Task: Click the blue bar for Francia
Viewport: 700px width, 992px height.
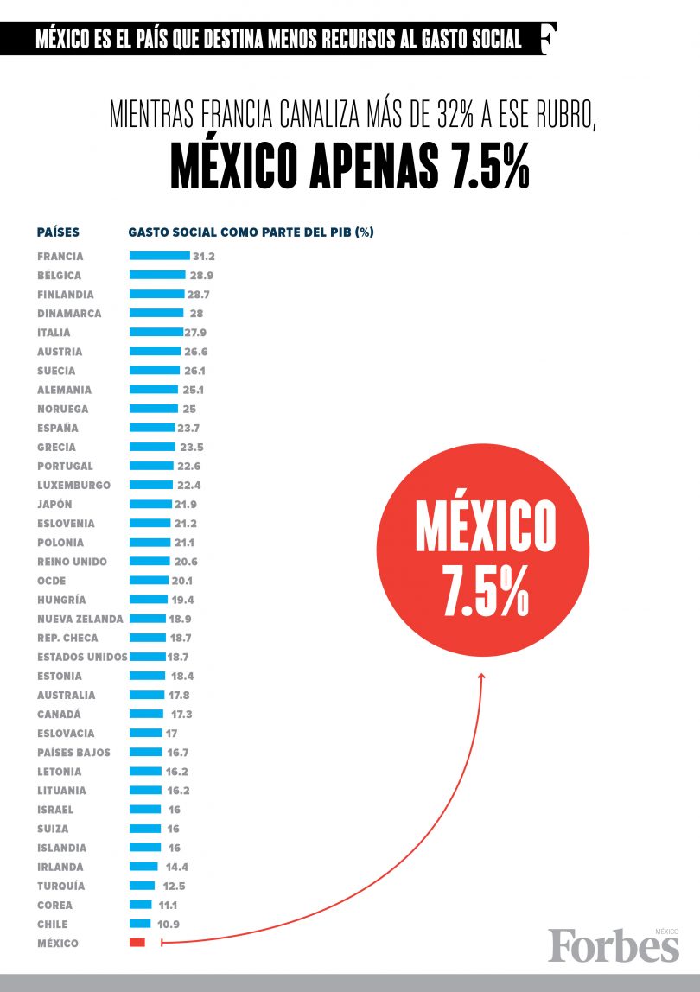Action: (x=159, y=256)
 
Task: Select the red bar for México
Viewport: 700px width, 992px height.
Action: (x=137, y=943)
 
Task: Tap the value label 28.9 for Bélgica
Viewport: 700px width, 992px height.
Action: (x=201, y=276)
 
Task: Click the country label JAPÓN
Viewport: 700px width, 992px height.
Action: (x=54, y=505)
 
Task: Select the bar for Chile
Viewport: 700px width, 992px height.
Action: (x=140, y=924)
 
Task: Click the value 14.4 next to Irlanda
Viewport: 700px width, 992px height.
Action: (x=177, y=867)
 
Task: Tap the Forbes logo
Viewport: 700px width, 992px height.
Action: (x=614, y=946)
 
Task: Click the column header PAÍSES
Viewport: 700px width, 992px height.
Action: (x=58, y=232)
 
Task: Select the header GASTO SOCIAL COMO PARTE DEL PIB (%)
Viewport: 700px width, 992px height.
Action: (x=251, y=232)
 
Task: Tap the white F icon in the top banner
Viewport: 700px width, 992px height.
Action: (x=546, y=38)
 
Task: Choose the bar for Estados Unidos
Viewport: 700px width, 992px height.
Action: (x=147, y=657)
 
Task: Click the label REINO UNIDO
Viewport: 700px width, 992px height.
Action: (x=73, y=562)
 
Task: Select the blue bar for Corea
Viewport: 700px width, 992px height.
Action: (x=140, y=905)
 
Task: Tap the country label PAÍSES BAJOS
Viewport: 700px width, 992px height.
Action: (x=73, y=753)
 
